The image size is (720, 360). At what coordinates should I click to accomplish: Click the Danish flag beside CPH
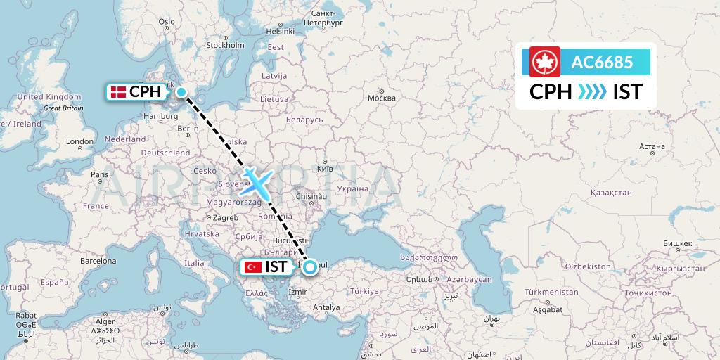117,91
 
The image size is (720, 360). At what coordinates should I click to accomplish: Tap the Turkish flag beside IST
252,267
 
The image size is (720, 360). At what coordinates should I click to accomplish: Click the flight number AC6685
602,62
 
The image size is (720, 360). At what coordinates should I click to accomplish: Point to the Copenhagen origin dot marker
181,91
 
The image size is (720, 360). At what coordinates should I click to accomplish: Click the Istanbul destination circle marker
309,266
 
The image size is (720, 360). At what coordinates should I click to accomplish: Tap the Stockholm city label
225,45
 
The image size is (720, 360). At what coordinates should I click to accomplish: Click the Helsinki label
280,31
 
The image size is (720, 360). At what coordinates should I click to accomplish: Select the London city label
79,141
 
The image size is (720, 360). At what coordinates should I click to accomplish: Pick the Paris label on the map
99,174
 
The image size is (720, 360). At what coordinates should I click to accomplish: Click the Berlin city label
188,129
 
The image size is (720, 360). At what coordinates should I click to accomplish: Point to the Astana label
652,146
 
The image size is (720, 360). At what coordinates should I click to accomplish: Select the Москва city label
382,98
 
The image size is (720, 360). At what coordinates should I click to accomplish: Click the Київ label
325,169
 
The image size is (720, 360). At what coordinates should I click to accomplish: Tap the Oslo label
167,22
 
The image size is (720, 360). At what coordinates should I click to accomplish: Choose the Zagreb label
226,218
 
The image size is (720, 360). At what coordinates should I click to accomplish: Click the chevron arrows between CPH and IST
592,92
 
